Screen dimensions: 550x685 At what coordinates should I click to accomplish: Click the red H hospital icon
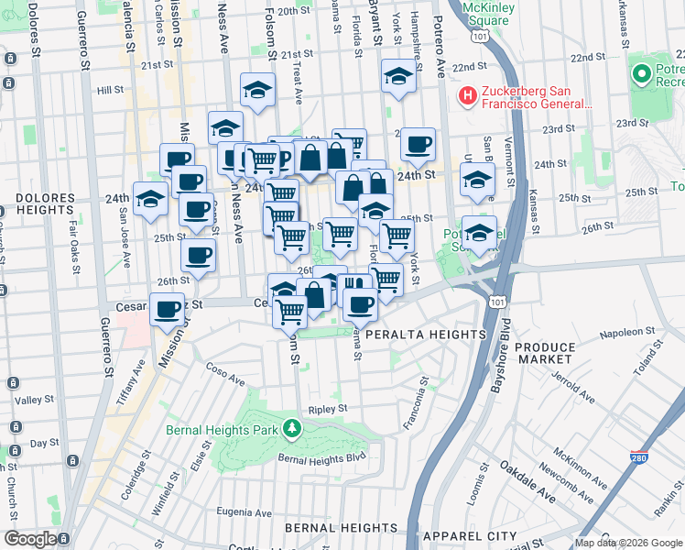[x=468, y=94]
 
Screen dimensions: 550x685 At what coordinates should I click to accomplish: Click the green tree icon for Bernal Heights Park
[x=291, y=427]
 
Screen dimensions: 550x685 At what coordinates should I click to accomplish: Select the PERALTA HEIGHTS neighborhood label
[x=425, y=335]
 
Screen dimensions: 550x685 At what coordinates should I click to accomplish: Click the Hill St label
[x=110, y=90]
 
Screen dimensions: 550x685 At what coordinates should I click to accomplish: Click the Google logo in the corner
[x=31, y=538]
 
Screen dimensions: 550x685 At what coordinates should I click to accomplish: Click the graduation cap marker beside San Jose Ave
[x=150, y=199]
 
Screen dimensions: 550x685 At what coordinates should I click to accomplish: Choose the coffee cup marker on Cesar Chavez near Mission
[x=168, y=311]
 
